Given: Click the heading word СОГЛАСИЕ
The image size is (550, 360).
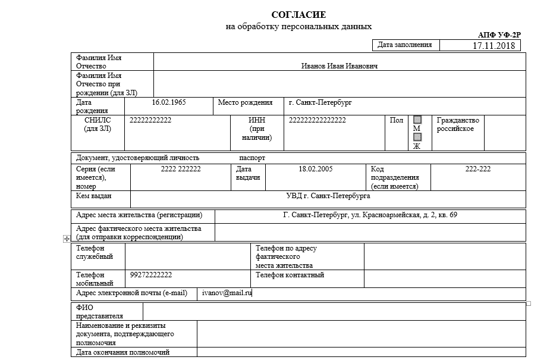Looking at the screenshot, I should (x=298, y=15).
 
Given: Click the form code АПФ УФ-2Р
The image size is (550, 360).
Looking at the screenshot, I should (x=499, y=36).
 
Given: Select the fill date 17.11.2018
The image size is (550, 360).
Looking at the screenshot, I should (x=493, y=46).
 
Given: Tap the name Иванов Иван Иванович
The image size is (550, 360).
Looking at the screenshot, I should (x=339, y=66).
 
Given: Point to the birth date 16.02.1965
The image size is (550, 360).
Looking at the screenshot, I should (x=169, y=102).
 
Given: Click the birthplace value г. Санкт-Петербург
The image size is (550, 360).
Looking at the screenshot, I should (x=320, y=102).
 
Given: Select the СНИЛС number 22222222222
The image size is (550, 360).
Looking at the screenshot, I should (x=150, y=120).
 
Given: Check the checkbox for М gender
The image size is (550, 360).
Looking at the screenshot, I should (x=417, y=120).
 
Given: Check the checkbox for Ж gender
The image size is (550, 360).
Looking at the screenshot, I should (x=417, y=137).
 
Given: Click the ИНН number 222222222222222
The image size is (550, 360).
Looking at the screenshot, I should (x=317, y=120).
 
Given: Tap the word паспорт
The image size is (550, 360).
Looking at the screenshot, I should (x=252, y=158).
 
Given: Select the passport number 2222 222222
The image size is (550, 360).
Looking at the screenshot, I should (x=181, y=169).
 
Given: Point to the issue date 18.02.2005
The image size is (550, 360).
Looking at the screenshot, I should (x=315, y=169).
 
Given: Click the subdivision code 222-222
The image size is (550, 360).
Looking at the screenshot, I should (x=477, y=169).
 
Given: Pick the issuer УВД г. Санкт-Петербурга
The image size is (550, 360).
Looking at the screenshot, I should (x=328, y=195).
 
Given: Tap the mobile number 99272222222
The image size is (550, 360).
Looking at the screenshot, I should (x=151, y=275).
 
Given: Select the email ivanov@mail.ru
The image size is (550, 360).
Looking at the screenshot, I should (x=227, y=293).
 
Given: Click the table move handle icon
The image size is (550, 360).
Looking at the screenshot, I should (x=67, y=239).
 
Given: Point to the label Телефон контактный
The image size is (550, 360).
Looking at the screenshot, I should (x=290, y=275).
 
